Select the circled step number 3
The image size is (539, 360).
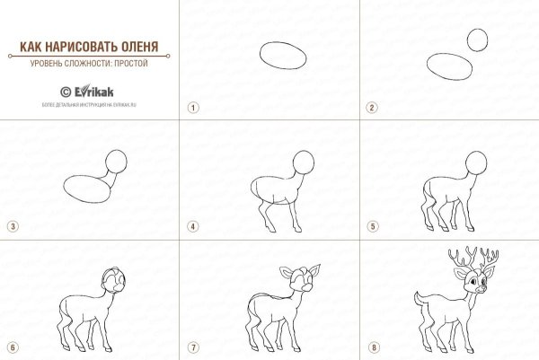(x=12, y=226)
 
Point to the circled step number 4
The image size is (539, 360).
(x=191, y=226)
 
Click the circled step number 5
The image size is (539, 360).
(x=370, y=226)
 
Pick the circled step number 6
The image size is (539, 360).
(x=12, y=347)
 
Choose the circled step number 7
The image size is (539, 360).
(x=191, y=347)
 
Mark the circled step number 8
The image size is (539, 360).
(x=370, y=347)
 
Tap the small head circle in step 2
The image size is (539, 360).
(x=478, y=40)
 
